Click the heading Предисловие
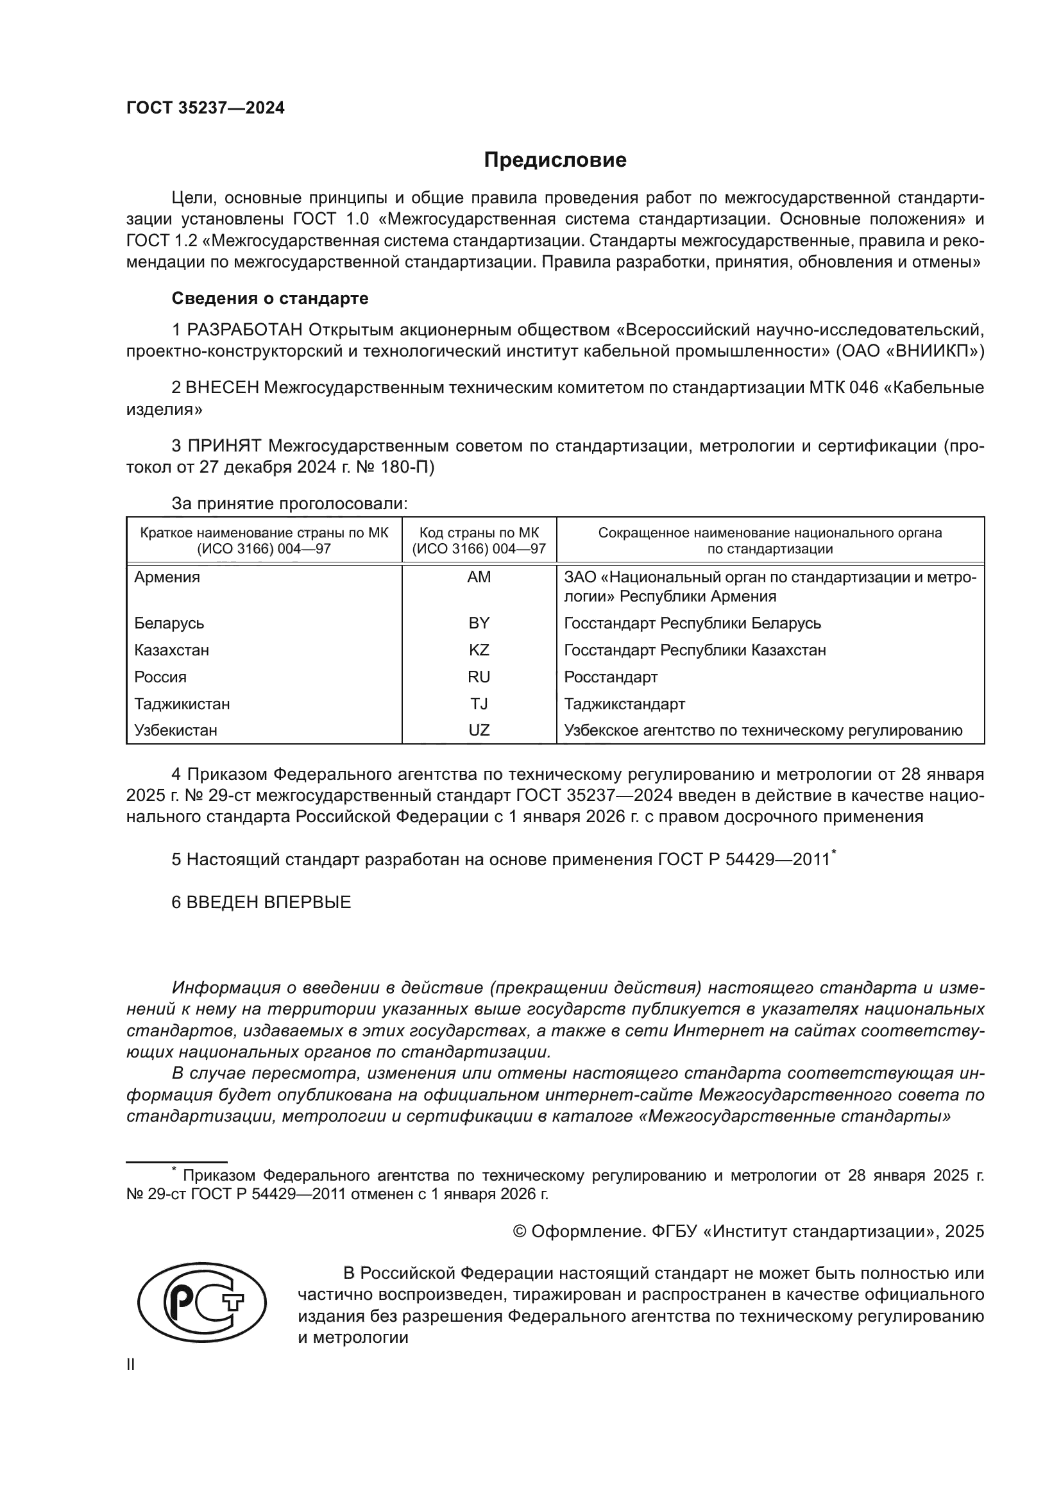555,160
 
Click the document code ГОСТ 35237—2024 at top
205,108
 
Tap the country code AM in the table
479,577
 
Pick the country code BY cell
479,623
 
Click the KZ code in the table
479,650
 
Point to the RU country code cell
479,677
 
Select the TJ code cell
479,704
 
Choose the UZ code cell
479,730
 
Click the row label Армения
167,577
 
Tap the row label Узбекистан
176,730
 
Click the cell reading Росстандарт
610,677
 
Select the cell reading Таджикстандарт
624,704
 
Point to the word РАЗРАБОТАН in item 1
245,329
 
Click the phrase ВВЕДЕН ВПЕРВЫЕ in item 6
269,902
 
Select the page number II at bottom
131,1365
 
